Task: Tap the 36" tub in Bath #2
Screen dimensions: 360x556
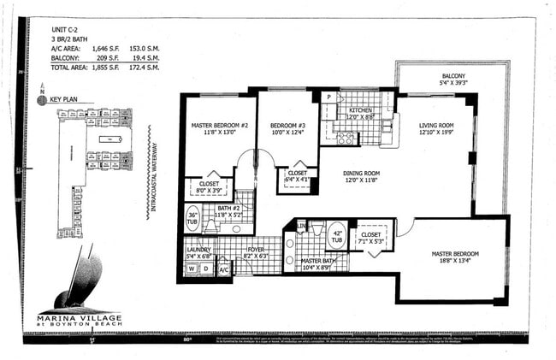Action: click(x=192, y=219)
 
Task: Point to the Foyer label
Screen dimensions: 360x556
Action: click(x=255, y=251)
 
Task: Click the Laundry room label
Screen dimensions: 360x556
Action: click(x=198, y=251)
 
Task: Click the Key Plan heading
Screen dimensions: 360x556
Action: click(x=64, y=100)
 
